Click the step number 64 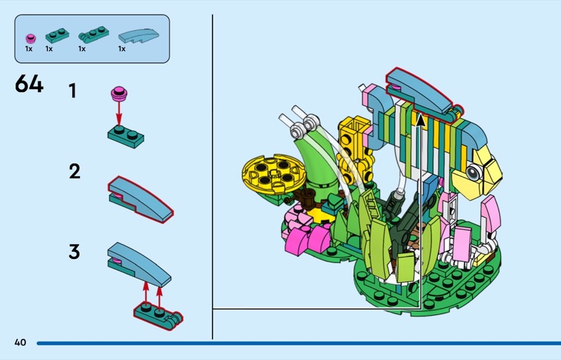(29, 85)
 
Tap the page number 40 (20, 342)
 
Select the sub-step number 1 (72, 91)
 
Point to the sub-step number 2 (74, 171)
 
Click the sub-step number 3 (74, 251)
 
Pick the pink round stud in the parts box (29, 37)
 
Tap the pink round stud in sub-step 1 (119, 92)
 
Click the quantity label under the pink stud (29, 49)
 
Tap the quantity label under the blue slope (122, 49)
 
